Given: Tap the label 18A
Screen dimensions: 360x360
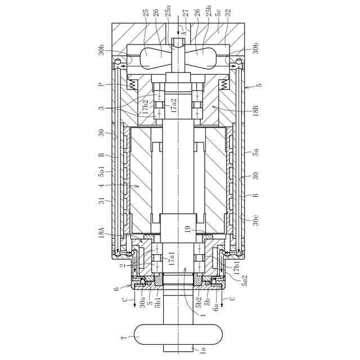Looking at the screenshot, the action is point(102,232).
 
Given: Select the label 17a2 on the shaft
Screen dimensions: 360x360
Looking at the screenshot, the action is point(174,105).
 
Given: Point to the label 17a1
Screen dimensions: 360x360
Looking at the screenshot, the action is point(172,259).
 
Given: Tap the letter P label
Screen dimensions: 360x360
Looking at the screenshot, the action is point(101,85).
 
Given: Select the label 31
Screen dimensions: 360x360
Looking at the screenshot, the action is point(102,201).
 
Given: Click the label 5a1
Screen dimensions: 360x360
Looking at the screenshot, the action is point(102,171).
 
